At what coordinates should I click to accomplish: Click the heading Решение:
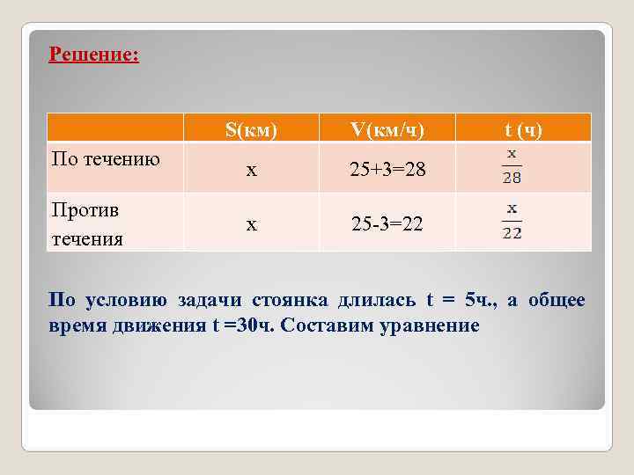(x=94, y=55)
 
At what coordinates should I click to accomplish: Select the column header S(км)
(x=251, y=130)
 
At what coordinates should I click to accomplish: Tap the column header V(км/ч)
(x=387, y=130)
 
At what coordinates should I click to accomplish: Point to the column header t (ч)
(x=523, y=130)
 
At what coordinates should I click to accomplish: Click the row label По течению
(x=106, y=159)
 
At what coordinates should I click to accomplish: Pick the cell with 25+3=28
(x=387, y=170)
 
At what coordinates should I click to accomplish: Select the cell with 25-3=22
(x=387, y=224)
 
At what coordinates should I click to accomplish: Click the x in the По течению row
(x=251, y=170)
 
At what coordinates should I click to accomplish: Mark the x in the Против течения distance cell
(x=251, y=224)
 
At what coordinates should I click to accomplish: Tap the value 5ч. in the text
(x=483, y=301)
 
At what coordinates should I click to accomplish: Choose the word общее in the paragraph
(x=557, y=301)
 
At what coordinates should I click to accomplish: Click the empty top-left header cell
(x=114, y=128)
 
